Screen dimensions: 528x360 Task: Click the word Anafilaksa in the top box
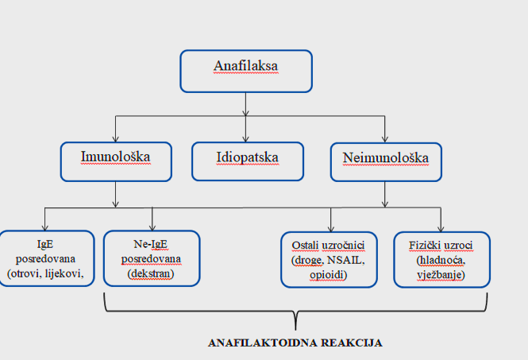[x=246, y=66]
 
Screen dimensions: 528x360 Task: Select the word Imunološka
[x=115, y=157]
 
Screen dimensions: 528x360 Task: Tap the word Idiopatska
[x=248, y=157]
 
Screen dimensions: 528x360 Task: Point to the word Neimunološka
[x=386, y=158]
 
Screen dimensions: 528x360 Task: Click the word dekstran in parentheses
[x=151, y=273]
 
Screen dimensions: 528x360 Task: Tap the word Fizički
[x=425, y=246]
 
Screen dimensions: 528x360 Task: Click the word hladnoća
[x=441, y=260]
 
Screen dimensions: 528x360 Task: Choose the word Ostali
[x=305, y=246]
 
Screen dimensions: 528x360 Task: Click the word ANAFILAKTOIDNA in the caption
[x=262, y=343]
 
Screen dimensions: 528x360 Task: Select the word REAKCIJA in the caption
[x=352, y=343]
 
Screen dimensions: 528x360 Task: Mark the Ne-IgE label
[x=151, y=244]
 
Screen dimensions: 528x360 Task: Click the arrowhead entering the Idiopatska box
[x=246, y=139]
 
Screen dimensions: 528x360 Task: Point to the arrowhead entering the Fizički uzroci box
[x=441, y=229]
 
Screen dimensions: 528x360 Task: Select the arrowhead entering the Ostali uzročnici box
[x=330, y=229]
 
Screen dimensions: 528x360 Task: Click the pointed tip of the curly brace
[x=295, y=330]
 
